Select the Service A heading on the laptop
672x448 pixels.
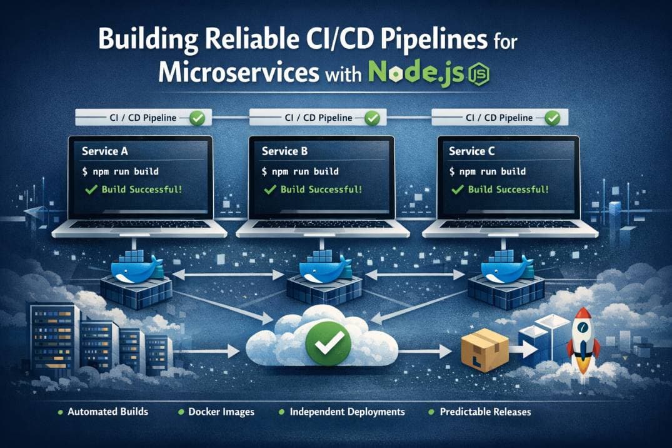coord(105,151)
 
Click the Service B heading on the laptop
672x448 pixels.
coord(284,151)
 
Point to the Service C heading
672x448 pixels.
coord(471,151)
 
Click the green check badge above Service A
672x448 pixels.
coord(197,118)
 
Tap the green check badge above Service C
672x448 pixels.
coord(553,118)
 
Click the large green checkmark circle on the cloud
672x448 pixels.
coord(329,344)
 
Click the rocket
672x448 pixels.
coord(583,341)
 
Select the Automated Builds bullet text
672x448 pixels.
coord(108,412)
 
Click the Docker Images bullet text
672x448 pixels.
coord(221,412)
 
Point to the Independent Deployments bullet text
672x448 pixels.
coord(347,412)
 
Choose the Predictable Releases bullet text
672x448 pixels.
coord(485,412)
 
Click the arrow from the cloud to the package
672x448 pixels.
coord(424,352)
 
